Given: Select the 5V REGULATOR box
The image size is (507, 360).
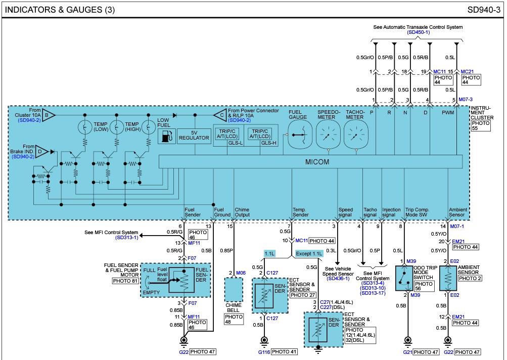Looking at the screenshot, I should pos(193,136).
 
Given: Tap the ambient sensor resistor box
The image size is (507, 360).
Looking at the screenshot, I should pos(447,278).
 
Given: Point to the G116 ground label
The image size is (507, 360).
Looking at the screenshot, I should pos(264,351).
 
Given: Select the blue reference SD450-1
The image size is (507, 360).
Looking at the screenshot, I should pos(418,32).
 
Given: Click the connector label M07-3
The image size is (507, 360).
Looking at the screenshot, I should pos(466,100).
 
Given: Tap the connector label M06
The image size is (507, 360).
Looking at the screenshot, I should pos(241,273).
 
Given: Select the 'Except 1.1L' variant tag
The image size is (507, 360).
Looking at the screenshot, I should pos(309,253).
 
